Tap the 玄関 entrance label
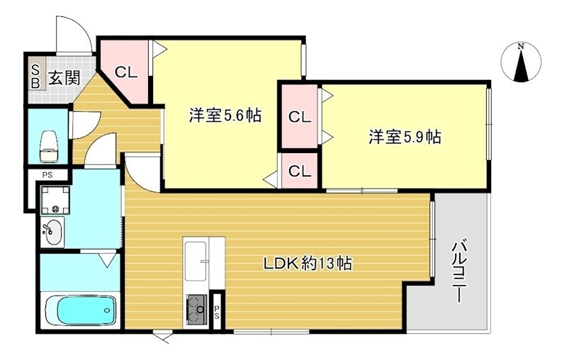tap(64, 78)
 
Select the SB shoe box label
tap(34, 74)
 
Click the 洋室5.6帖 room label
tap(221, 116)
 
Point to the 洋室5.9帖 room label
tap(405, 137)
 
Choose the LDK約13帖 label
tap(308, 264)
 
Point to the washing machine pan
tap(54, 199)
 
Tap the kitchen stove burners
tap(195, 308)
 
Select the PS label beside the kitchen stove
tap(218, 310)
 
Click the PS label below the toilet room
tap(47, 174)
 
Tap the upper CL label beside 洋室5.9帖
tap(300, 117)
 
